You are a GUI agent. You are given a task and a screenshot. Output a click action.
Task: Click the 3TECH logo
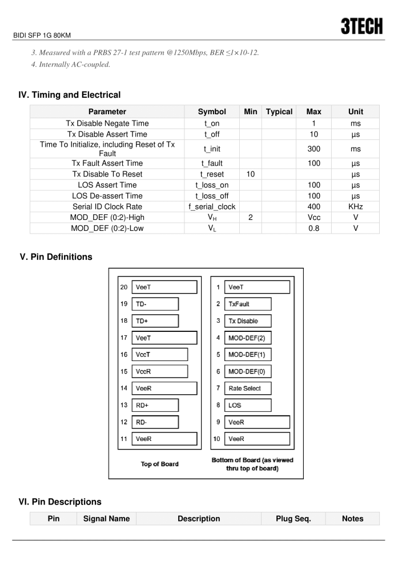pos(361,26)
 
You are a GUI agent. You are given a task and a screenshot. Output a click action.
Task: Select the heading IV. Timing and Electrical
pos(70,95)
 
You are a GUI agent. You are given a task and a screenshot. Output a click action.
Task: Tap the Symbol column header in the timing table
pos(212,112)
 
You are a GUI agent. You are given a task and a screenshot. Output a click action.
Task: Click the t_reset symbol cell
pos(212,174)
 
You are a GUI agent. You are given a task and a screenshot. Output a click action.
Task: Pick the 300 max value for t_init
pos(313,149)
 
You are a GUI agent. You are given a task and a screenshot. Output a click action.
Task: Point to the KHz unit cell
pos(355,207)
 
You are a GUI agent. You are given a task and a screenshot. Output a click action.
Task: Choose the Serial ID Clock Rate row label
pos(107,207)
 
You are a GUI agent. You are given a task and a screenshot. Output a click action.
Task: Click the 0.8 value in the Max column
pos(313,229)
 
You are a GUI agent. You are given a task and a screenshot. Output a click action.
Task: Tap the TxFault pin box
pos(247,304)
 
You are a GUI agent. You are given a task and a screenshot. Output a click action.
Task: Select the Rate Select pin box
pos(247,388)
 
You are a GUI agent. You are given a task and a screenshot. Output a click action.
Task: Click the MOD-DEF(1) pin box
pos(247,355)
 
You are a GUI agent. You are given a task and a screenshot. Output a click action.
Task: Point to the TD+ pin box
pos(155,321)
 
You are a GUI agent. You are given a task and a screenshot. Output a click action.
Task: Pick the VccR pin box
pos(159,371)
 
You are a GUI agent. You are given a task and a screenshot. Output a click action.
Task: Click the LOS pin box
pos(247,405)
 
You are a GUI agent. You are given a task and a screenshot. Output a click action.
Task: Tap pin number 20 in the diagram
pos(124,287)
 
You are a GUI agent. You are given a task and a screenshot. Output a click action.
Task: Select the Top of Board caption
pos(159,464)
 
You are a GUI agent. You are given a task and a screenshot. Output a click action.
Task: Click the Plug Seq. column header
pos(293,519)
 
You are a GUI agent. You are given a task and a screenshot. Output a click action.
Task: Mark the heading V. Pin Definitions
pos(56,257)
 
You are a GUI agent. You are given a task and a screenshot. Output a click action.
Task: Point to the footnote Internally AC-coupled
pos(71,64)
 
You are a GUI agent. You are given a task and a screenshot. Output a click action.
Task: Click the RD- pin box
pos(155,422)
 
